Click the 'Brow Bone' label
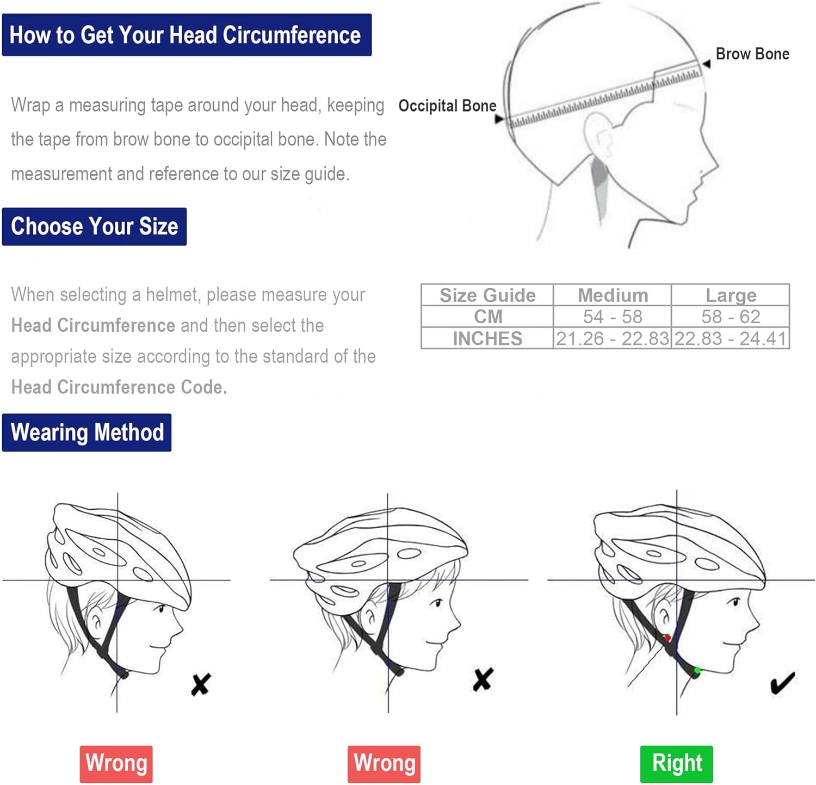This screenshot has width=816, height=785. pos(752,54)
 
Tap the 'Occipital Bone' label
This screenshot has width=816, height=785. pos(447,106)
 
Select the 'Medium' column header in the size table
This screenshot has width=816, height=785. pos(613,295)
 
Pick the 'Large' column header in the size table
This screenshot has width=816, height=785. pos(731,295)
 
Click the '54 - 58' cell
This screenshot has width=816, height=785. pos(613,317)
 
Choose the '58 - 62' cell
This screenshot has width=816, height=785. pos(731,317)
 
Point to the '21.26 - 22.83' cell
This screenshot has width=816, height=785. pos(613,338)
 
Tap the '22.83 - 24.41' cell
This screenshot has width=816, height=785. pos(731,338)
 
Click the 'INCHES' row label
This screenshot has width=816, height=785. pos(487,338)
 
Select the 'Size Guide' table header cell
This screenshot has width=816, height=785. pos(487,295)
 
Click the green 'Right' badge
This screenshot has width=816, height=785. pos(676,763)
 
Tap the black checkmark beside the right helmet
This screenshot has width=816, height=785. pos(782,683)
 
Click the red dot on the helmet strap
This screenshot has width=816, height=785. pos(666,638)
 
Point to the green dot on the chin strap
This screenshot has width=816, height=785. pos(697,671)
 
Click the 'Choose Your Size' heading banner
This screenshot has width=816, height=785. pos(94,226)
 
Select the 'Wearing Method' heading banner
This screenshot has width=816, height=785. pos(87,432)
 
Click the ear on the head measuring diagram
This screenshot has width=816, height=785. pos(598,136)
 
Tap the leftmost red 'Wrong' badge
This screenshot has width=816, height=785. pos(116,763)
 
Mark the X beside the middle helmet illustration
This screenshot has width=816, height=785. pos(483,679)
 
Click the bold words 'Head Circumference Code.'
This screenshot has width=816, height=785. pos(119,387)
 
